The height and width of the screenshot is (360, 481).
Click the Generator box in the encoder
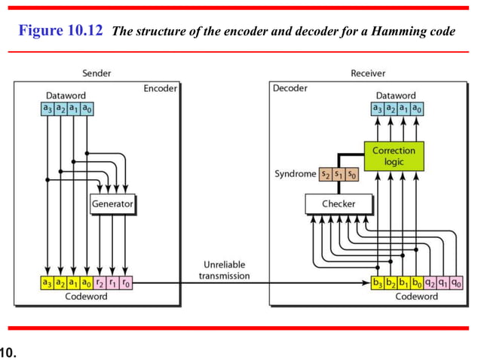[x=112, y=203]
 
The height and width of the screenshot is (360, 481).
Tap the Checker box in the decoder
[x=339, y=203]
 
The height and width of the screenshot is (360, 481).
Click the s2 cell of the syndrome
[x=325, y=174]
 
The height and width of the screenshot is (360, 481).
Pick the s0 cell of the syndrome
[x=351, y=174]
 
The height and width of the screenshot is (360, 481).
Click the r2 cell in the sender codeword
[x=100, y=283]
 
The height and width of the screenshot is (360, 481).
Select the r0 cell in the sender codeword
[x=126, y=283]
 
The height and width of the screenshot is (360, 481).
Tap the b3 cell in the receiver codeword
[x=377, y=283]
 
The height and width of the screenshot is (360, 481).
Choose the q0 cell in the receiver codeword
[x=455, y=283]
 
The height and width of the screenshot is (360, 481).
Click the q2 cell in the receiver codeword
[x=429, y=283]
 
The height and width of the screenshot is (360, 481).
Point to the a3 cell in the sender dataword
[x=47, y=109]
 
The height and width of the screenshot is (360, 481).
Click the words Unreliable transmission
[x=225, y=270]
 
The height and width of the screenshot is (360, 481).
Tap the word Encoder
[x=160, y=88]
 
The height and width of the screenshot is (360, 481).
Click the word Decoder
[x=290, y=88]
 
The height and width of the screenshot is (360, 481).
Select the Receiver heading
[x=369, y=73]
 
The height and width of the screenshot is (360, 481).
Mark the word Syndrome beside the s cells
[x=295, y=174]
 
